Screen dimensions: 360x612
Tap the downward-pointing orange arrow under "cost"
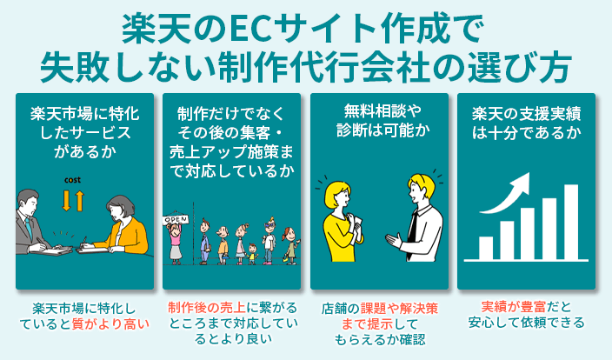[67, 201]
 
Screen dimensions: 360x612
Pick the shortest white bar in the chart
[486, 248]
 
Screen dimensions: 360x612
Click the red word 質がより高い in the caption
[111, 325]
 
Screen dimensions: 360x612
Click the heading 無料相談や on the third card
[379, 113]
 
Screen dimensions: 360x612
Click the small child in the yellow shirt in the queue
[253, 251]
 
